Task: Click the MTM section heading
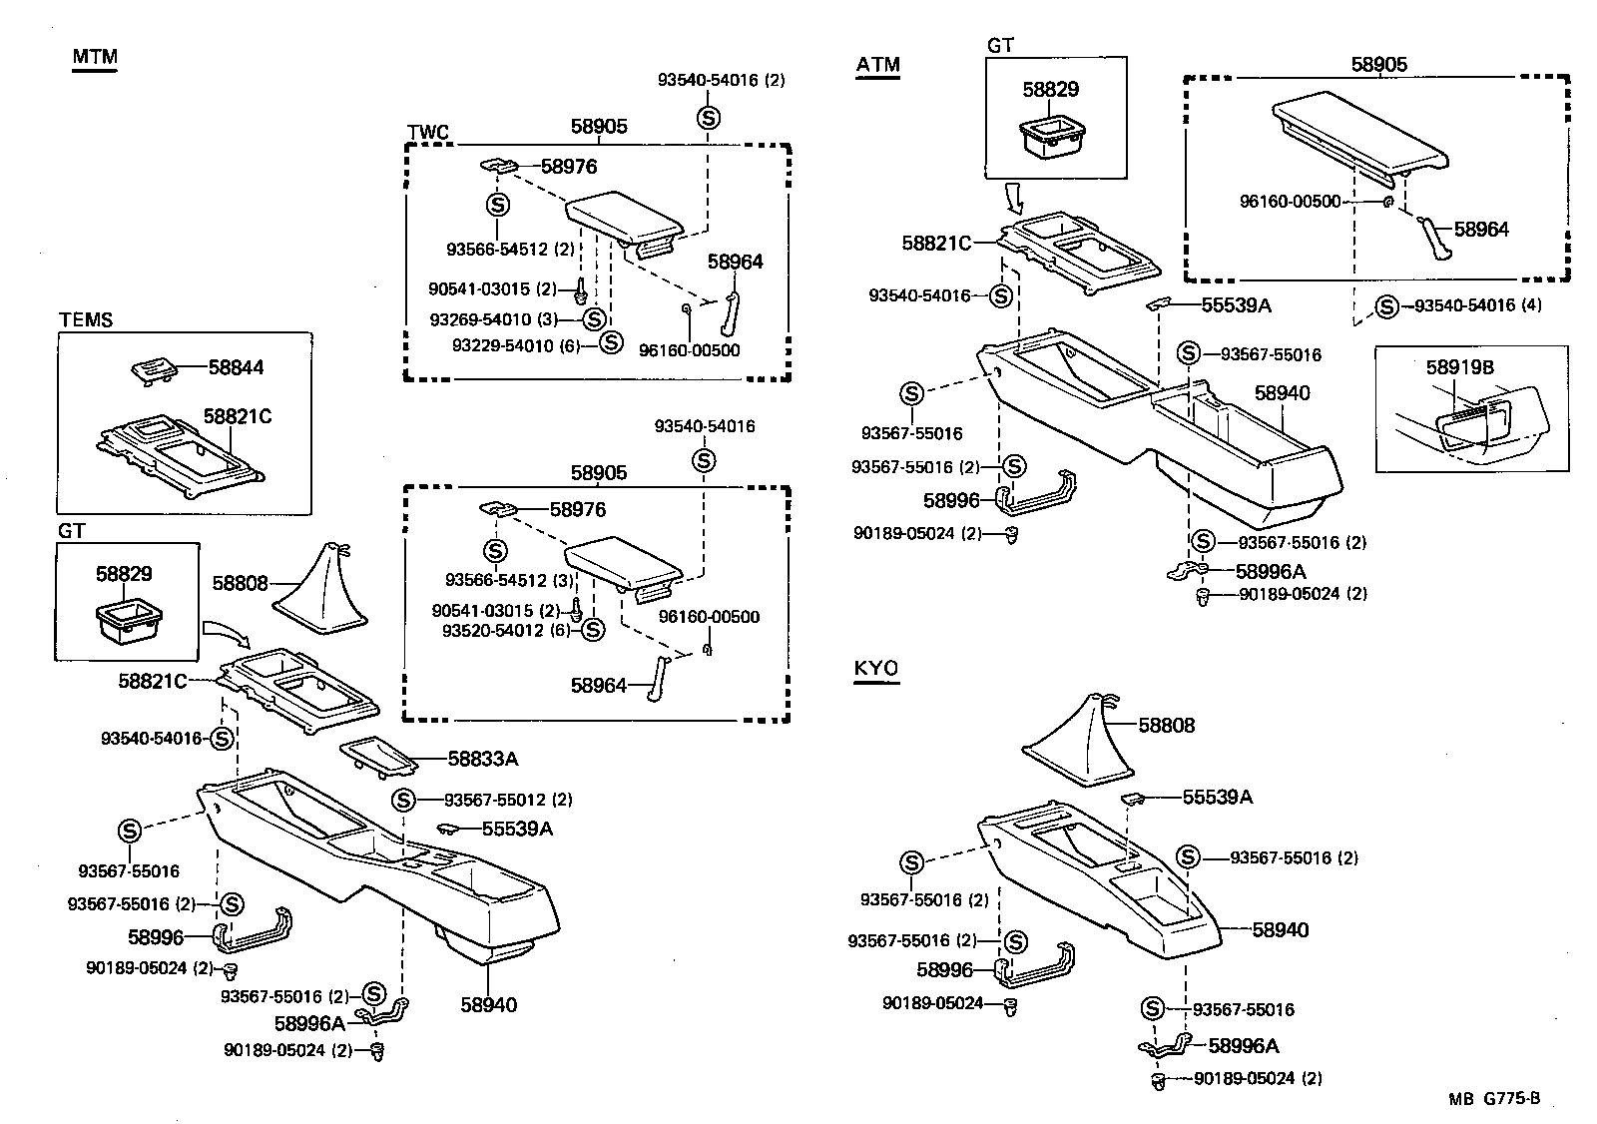click(x=94, y=57)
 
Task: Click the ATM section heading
click(x=877, y=66)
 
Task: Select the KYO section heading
click(x=876, y=668)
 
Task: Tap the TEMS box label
click(x=85, y=320)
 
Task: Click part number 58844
click(x=236, y=367)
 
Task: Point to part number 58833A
click(x=482, y=759)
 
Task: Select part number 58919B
click(x=1459, y=367)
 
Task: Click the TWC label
click(x=428, y=133)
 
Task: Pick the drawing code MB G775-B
click(x=1494, y=1099)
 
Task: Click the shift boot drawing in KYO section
click(x=1079, y=740)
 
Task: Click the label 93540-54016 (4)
click(x=1477, y=305)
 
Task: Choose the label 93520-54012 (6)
click(x=505, y=630)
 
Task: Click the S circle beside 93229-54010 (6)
click(x=612, y=342)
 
